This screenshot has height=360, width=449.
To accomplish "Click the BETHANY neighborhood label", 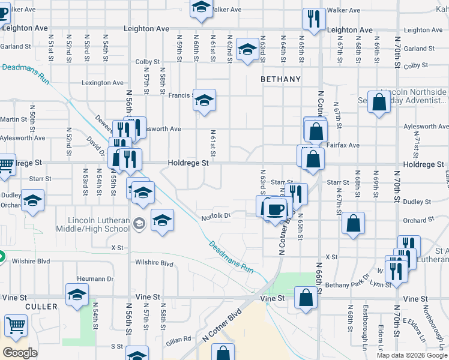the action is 280,79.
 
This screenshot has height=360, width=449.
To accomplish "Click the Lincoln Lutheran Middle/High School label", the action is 92,224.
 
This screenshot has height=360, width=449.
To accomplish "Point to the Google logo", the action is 20,353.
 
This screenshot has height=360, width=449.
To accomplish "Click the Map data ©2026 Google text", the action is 412,355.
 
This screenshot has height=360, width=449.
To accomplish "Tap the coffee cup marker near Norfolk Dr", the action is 276,209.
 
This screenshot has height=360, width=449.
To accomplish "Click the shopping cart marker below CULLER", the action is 16,326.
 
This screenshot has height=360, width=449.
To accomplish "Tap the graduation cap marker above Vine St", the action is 77,294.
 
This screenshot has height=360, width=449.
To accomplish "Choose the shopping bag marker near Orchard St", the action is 354,223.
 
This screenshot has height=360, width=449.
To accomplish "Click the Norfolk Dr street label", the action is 215,217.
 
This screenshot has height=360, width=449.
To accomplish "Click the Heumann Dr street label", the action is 96,278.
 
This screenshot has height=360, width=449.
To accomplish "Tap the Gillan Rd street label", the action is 179,339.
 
